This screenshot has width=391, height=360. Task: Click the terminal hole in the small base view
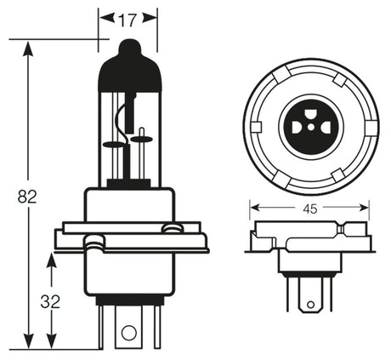(309, 301)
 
